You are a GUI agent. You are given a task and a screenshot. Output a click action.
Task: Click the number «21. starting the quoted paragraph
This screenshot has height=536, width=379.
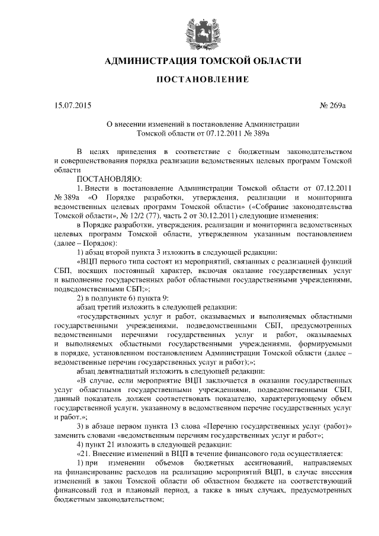click(86, 454)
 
